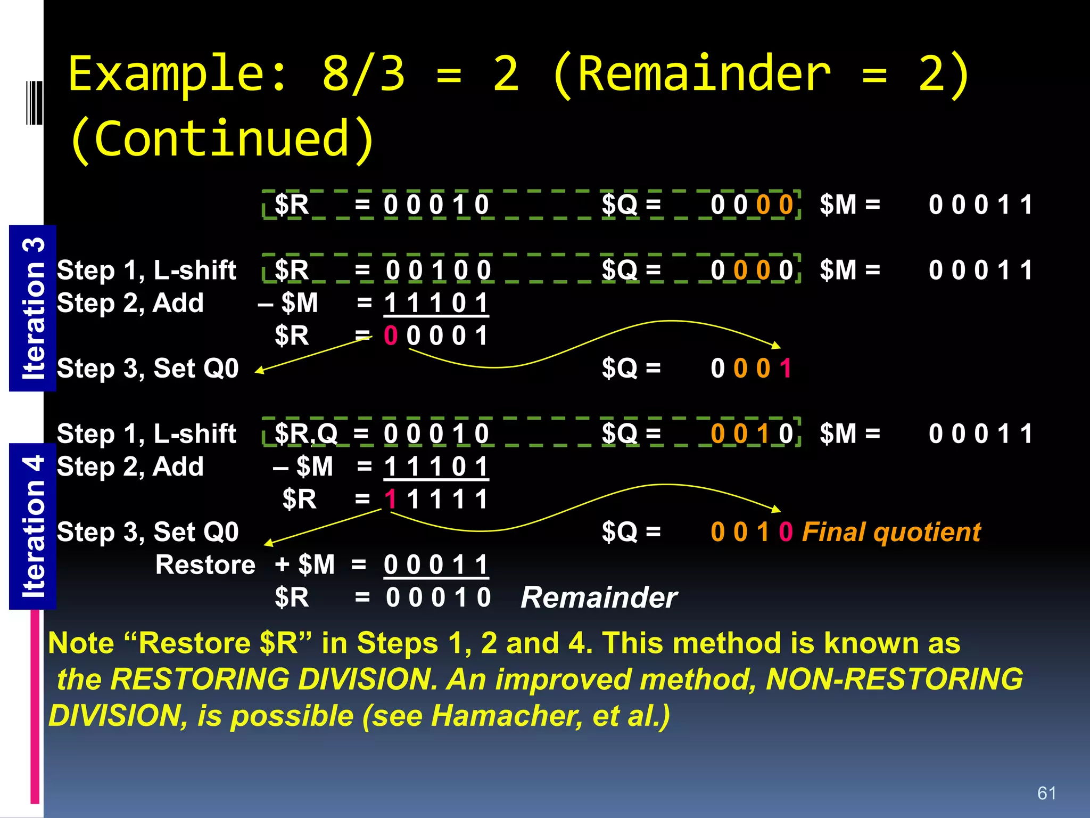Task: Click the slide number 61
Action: click(x=1046, y=793)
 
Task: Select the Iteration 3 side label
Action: click(x=33, y=308)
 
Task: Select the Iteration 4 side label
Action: click(x=33, y=526)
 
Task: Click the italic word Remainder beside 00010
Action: click(x=599, y=598)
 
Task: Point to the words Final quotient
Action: click(x=891, y=532)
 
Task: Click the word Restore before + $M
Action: click(x=205, y=565)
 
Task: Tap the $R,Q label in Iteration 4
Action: click(x=306, y=434)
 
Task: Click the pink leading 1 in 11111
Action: click(x=390, y=500)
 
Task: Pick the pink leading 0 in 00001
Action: click(x=390, y=336)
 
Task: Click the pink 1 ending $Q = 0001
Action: click(x=786, y=369)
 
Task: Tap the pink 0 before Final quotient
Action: click(x=786, y=532)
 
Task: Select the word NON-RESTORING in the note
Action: click(x=894, y=680)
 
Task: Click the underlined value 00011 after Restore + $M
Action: click(x=436, y=565)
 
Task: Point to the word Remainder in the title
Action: click(x=704, y=75)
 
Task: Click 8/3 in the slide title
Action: click(x=364, y=75)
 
